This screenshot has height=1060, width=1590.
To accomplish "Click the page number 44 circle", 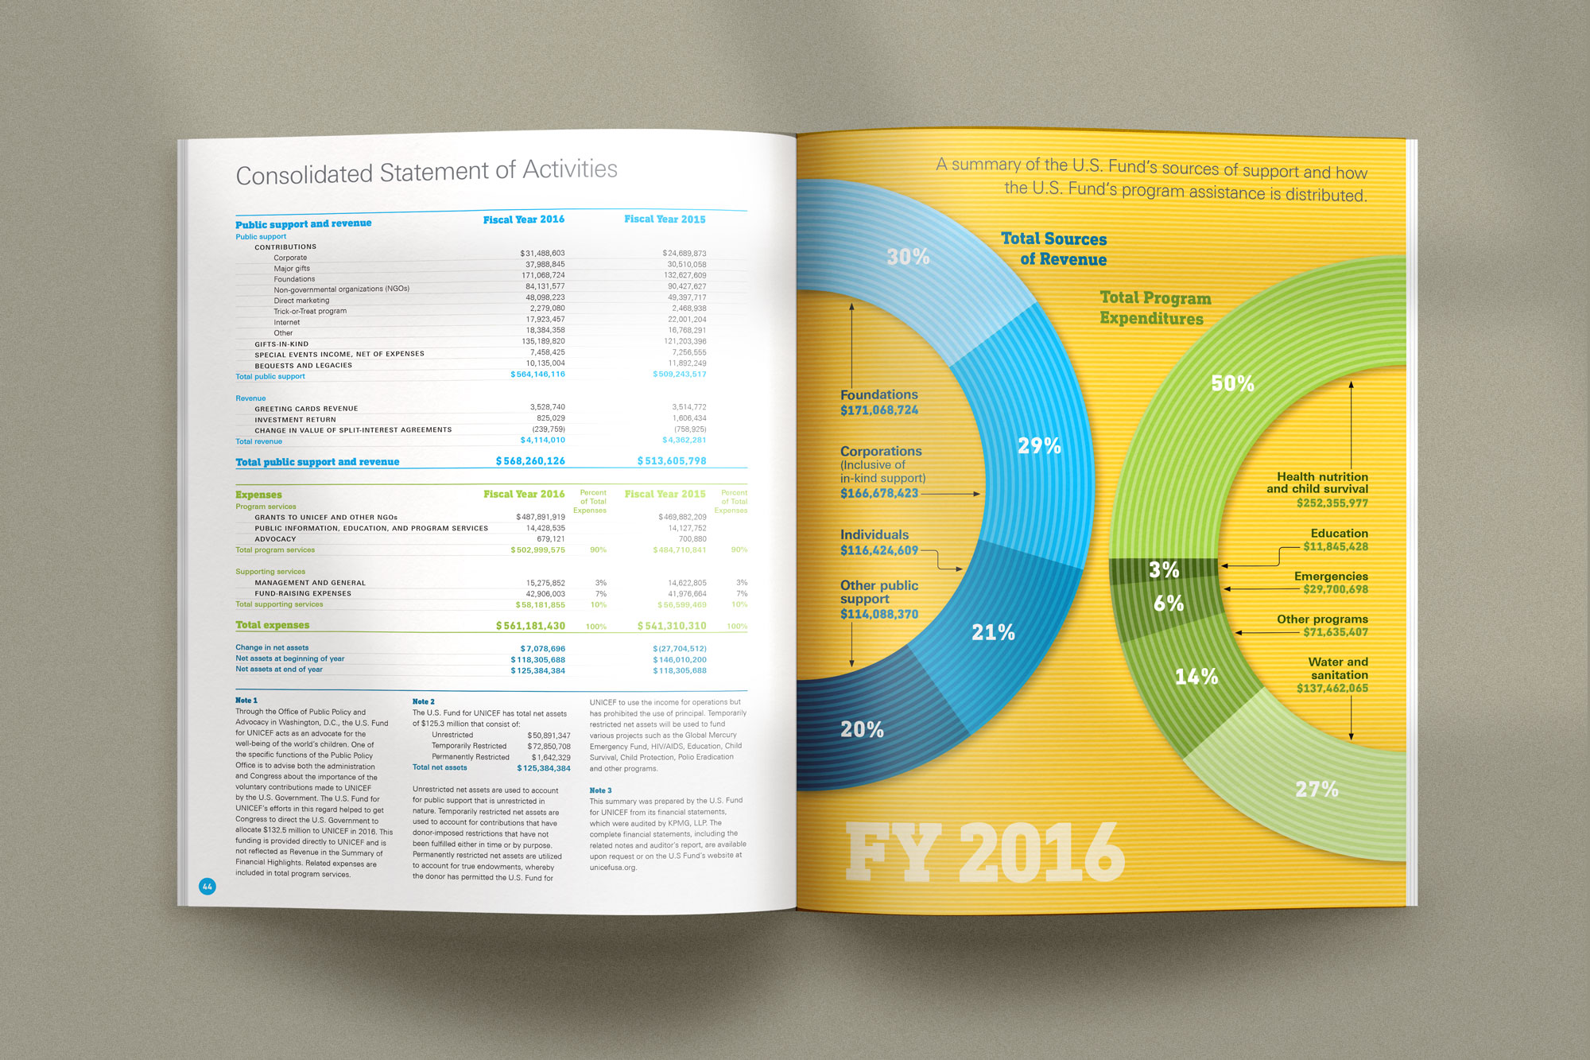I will tap(207, 886).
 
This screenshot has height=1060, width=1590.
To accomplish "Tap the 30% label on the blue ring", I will tap(908, 257).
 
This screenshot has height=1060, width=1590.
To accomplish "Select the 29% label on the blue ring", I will tap(1039, 446).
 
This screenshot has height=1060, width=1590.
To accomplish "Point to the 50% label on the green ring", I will tap(1232, 383).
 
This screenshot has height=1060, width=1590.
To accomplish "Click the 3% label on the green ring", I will tap(1164, 569).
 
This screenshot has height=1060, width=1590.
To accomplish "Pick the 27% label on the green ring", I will tap(1317, 789).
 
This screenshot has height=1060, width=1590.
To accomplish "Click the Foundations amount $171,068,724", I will tap(879, 410).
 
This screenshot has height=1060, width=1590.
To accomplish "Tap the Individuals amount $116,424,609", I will tap(879, 550).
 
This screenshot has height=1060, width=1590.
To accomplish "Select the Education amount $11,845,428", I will tap(1336, 547).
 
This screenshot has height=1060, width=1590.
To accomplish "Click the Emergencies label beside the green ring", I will tap(1331, 577).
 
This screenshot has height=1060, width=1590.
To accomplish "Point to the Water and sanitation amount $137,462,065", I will tap(1332, 689).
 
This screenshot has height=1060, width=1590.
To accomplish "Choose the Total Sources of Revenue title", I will tap(1054, 249).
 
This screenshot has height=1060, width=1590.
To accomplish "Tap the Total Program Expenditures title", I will tap(1154, 308).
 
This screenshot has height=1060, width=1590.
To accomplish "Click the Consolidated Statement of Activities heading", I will tap(426, 172).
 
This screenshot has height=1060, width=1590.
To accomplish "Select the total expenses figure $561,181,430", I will tap(530, 626).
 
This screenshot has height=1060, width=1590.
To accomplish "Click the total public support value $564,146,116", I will tap(537, 375).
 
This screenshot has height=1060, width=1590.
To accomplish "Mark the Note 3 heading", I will tap(600, 790).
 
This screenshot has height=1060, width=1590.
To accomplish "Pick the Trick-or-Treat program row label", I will tap(310, 311).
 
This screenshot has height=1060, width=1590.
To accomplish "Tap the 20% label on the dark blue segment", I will tap(862, 729).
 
